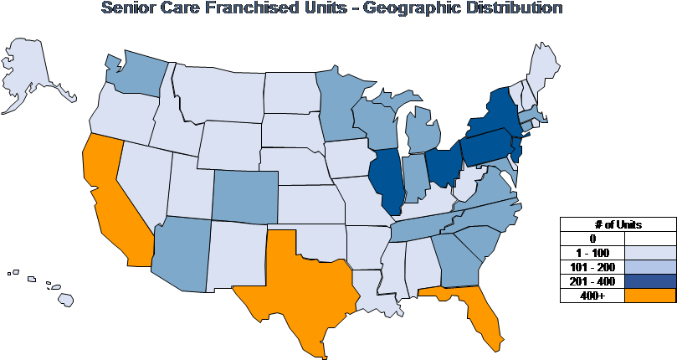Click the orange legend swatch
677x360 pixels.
pyautogui.click(x=650, y=295)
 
